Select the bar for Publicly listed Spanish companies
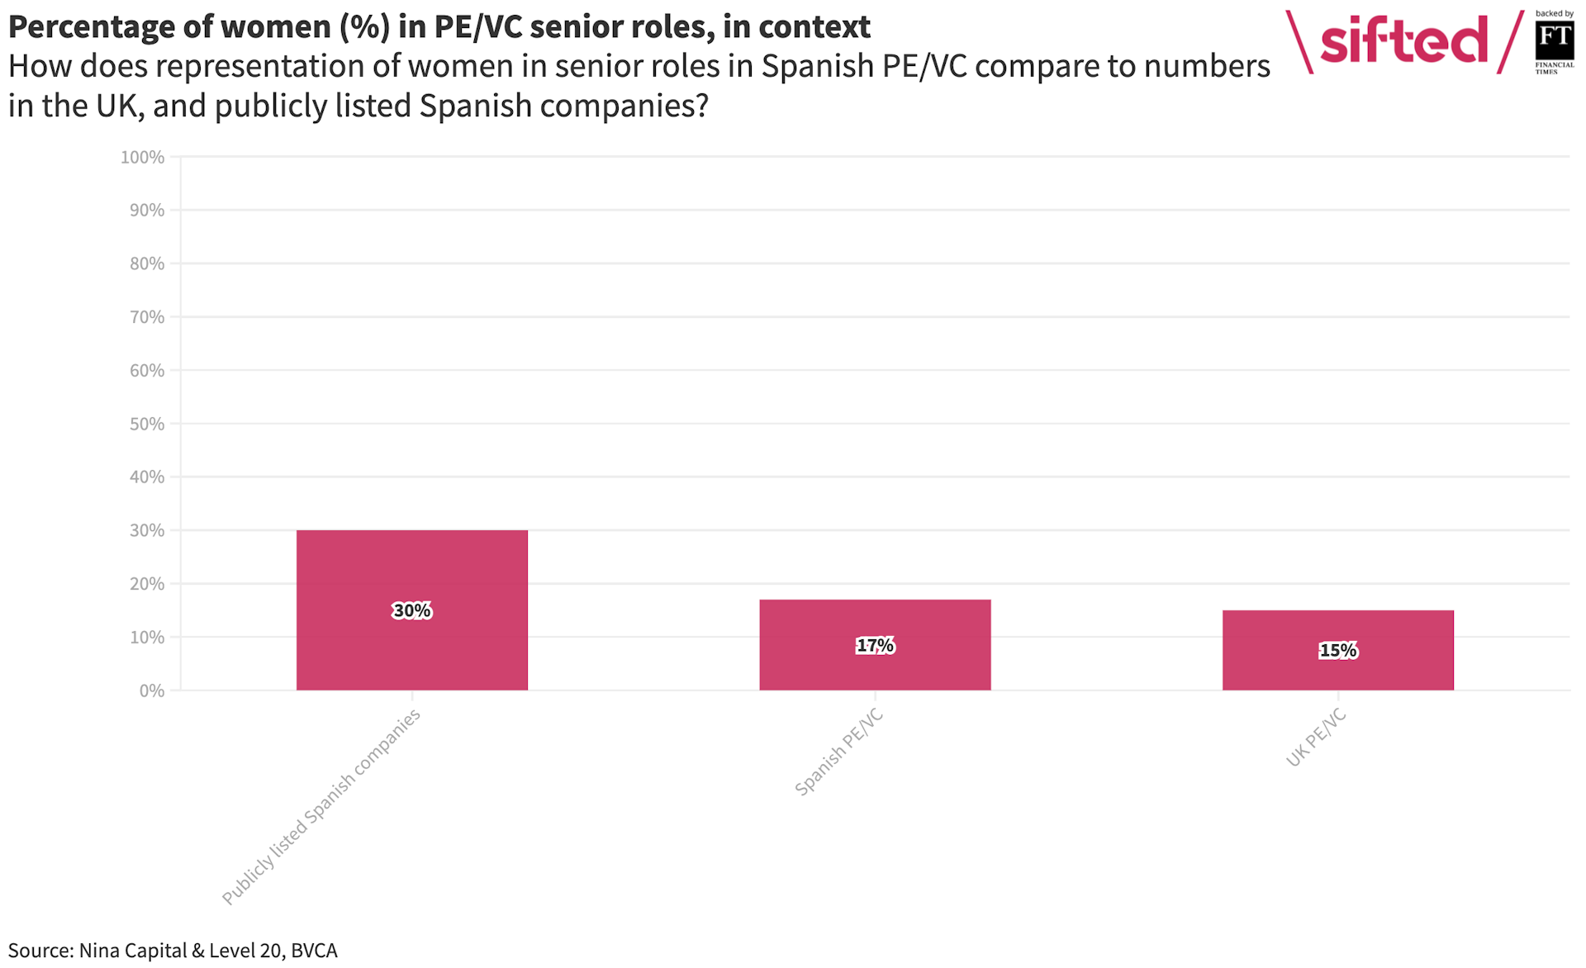coord(411,570)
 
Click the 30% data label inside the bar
coord(411,611)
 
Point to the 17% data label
coord(875,646)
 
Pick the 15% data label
coord(1337,651)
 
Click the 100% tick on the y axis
coord(143,157)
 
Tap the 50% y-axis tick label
coord(147,424)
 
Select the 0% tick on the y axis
coord(152,690)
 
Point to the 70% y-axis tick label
coord(147,317)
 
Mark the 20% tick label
coord(147,584)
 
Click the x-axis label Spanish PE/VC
coord(838,752)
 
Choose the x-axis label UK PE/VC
coord(1316,738)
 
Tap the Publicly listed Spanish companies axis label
coord(321,807)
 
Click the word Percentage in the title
coord(87,27)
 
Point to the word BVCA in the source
coord(314,951)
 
